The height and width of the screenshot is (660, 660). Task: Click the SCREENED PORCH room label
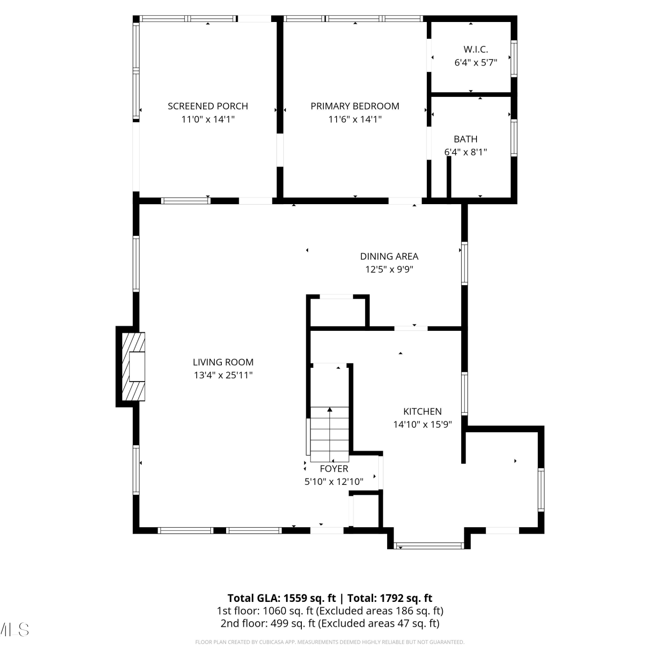(x=208, y=106)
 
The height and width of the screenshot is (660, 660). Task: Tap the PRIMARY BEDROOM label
(x=355, y=106)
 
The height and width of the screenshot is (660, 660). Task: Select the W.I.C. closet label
(x=476, y=49)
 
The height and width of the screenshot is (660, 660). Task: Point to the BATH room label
(x=466, y=139)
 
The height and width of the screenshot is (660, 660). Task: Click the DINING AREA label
(x=389, y=256)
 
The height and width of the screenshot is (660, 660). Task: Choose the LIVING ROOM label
(x=223, y=362)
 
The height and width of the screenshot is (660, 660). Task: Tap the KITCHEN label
(x=422, y=411)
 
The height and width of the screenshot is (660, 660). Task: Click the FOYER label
(x=334, y=469)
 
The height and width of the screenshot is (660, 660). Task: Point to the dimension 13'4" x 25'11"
(x=223, y=375)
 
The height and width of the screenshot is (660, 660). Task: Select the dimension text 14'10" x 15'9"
(x=422, y=425)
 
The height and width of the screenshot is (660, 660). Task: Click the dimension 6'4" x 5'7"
(x=476, y=62)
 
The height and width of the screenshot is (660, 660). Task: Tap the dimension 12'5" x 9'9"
(x=389, y=269)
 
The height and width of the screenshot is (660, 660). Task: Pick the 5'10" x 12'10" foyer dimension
(x=334, y=482)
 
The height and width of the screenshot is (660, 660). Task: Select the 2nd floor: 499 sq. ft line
(x=330, y=623)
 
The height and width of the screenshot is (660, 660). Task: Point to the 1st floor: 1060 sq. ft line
(x=330, y=611)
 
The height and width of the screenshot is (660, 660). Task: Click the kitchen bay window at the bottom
(x=429, y=546)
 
